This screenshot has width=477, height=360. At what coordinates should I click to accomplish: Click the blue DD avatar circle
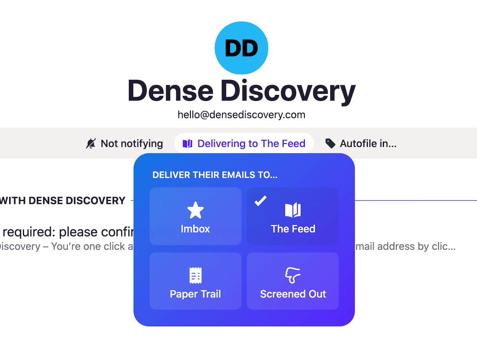click(241, 48)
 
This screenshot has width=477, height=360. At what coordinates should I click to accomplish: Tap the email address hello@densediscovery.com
click(241, 115)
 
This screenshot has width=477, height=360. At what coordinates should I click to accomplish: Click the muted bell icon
click(91, 144)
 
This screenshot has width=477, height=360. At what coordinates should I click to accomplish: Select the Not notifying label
click(132, 144)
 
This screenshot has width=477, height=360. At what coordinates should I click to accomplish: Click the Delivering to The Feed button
click(244, 144)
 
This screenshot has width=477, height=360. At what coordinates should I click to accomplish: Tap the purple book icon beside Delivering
click(187, 144)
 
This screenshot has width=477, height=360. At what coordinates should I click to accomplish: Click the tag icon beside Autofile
click(330, 144)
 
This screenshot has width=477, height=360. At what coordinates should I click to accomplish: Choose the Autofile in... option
click(368, 144)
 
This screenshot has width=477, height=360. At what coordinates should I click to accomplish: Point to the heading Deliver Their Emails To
click(215, 175)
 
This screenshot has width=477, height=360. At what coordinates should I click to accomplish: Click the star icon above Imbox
click(195, 210)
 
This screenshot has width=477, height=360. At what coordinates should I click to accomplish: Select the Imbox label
click(195, 229)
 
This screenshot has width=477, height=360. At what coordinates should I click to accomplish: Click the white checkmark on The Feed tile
click(260, 201)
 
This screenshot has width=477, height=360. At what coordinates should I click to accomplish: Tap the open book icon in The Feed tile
click(293, 210)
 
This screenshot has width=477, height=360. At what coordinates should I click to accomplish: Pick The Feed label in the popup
click(293, 229)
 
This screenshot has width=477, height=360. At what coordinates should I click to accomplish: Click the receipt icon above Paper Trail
click(195, 275)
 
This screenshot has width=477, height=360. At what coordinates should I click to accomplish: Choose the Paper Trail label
click(195, 294)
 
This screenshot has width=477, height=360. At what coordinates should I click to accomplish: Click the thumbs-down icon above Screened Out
click(293, 275)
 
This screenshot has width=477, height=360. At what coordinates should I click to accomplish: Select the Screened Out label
click(293, 294)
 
